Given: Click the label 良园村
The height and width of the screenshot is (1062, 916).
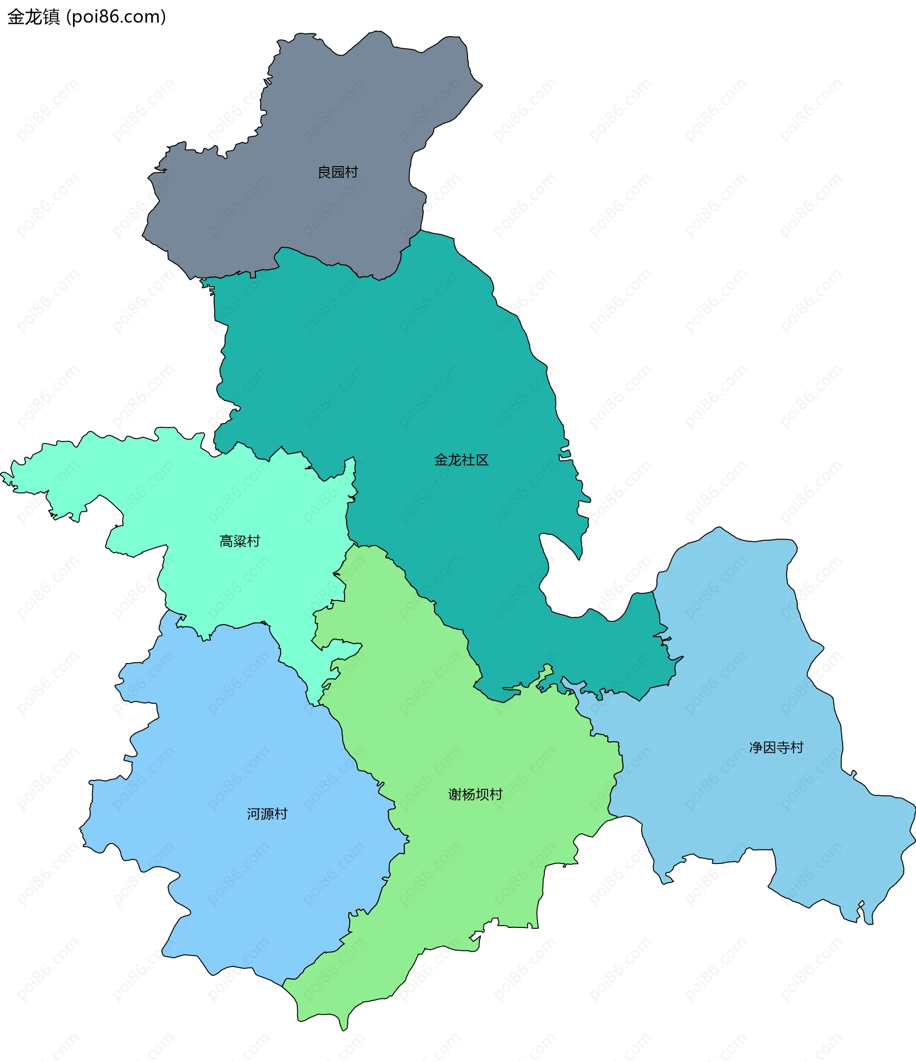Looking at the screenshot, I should click(338, 172).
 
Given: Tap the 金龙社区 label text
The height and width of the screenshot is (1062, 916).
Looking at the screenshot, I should click(461, 460).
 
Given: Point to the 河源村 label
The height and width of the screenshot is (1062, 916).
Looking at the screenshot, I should click(267, 814).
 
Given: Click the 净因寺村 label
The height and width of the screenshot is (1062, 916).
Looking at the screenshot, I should click(776, 747).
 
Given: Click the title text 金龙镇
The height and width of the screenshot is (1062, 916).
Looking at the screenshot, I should click(34, 17).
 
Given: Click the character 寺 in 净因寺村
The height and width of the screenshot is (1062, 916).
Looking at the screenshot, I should click(783, 747).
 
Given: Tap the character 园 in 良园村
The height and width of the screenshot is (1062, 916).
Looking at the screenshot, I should click(338, 172).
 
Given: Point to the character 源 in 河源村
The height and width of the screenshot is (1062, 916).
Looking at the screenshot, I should click(267, 814).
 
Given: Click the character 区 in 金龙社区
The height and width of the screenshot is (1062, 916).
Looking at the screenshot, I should click(482, 460).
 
